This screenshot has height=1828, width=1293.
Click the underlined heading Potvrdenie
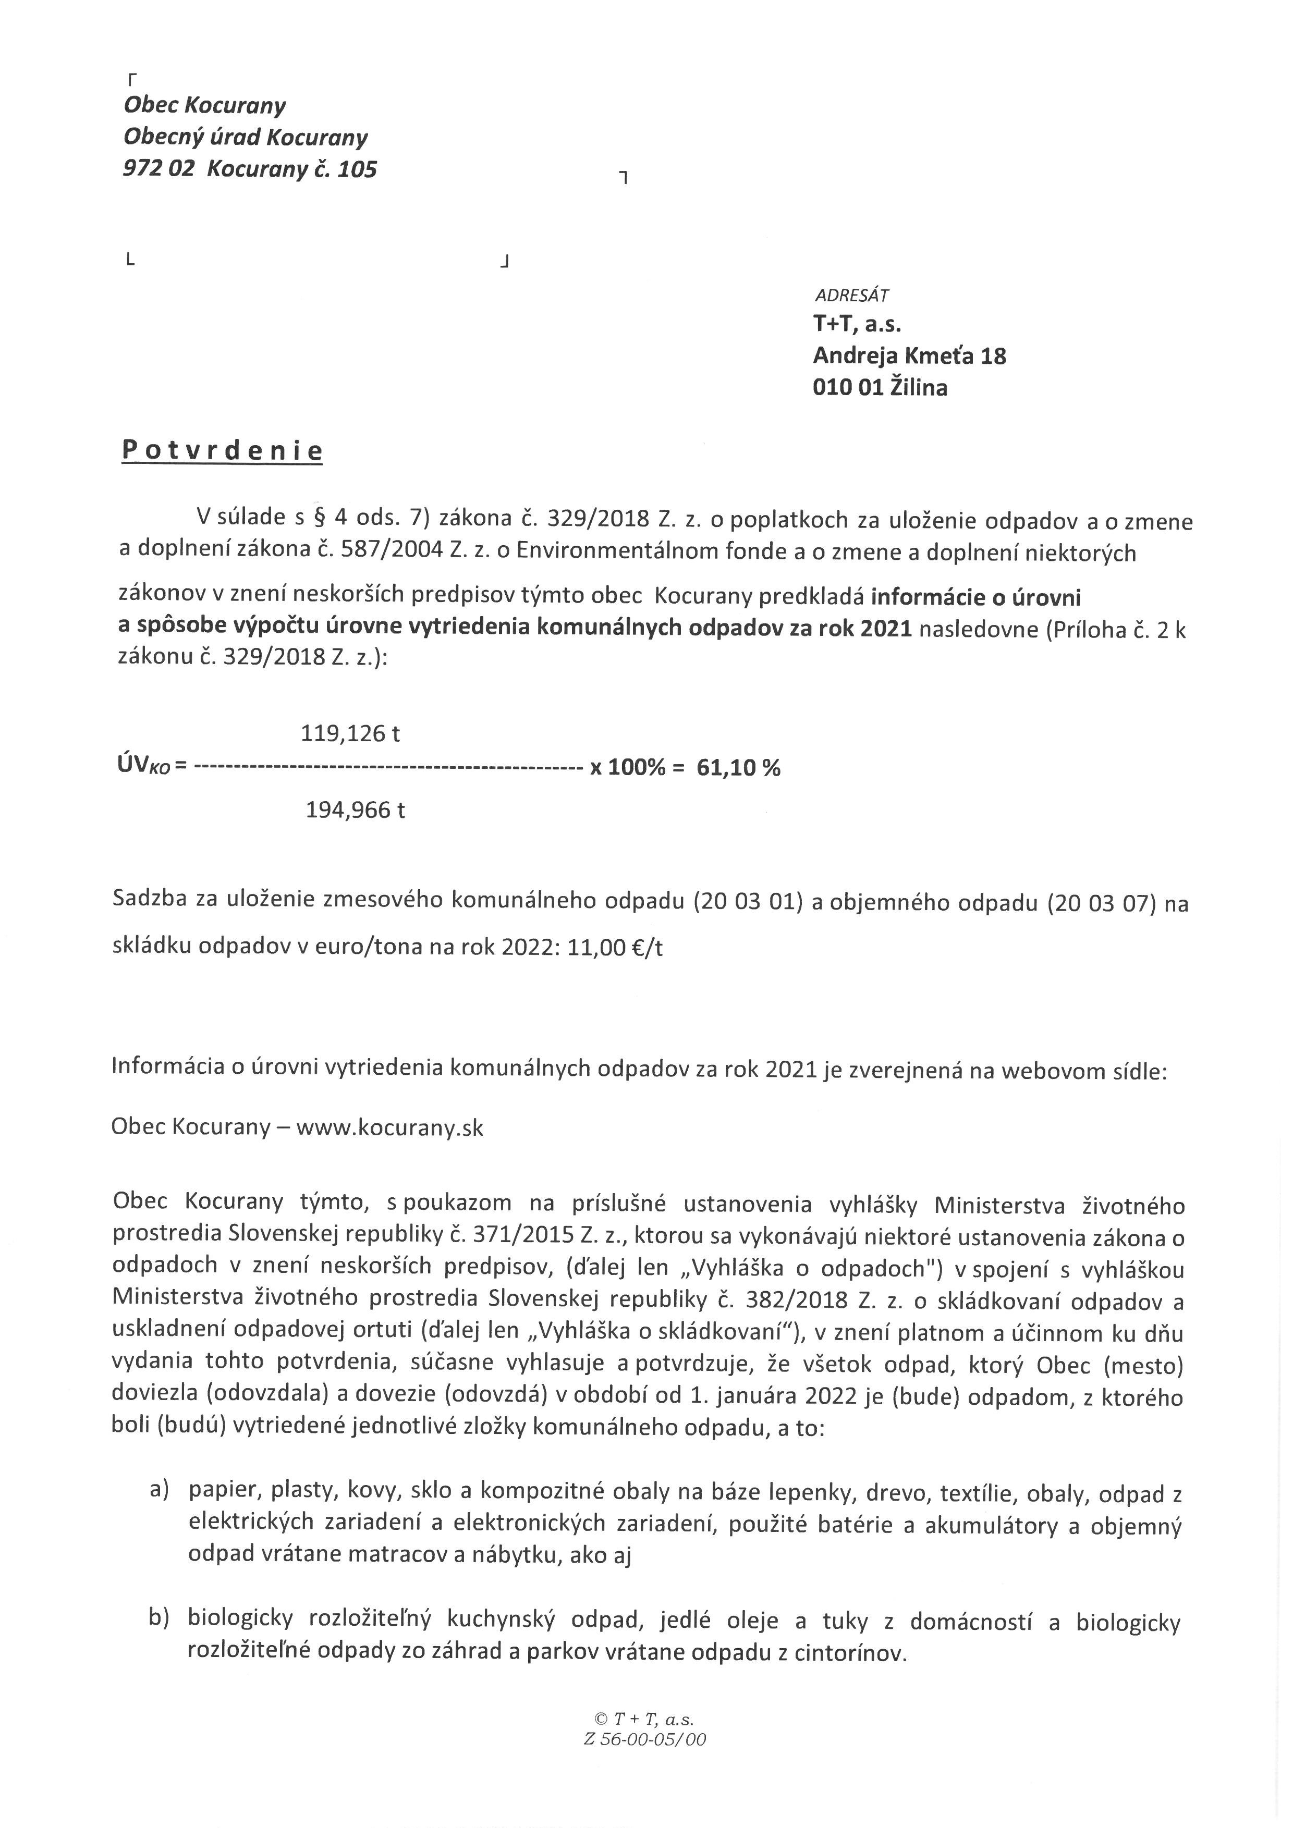coord(222,451)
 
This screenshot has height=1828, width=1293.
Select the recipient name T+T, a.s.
coord(857,324)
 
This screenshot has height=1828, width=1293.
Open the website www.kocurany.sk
coord(389,1128)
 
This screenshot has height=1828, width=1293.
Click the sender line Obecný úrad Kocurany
coord(245,137)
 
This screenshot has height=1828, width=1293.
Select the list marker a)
coord(160,1490)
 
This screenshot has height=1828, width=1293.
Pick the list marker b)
coord(160,1617)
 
